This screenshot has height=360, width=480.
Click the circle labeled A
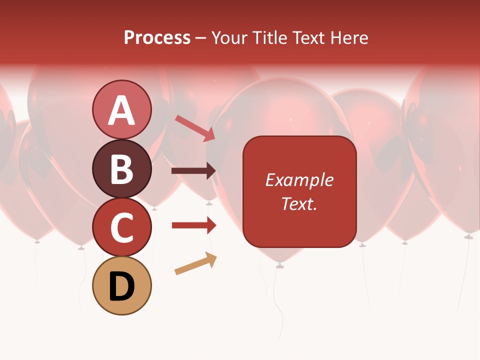tap(122, 109)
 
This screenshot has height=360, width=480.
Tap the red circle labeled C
tap(122, 227)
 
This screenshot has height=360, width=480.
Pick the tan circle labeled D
tap(122, 286)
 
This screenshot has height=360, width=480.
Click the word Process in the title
tap(157, 38)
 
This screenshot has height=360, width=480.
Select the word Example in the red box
tap(299, 180)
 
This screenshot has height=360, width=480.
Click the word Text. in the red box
tap(299, 203)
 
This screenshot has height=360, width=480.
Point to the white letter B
tap(122, 169)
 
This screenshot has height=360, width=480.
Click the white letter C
tap(122, 227)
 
